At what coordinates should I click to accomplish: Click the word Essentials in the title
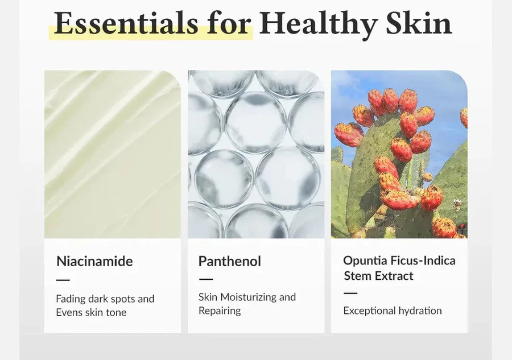(126, 23)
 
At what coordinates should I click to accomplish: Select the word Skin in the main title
(419, 23)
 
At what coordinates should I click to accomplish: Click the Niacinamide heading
(94, 261)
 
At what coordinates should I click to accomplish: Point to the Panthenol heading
(230, 261)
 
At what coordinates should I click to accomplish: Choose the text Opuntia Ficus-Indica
(399, 260)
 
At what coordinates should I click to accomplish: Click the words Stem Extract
(378, 276)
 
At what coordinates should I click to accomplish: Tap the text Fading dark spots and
(105, 299)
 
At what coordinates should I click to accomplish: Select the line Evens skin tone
(91, 312)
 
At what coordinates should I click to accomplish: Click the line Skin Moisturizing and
(247, 297)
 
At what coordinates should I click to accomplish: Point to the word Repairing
(220, 311)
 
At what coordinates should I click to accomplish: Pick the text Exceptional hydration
(393, 311)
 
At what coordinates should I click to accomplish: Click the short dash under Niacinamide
(63, 280)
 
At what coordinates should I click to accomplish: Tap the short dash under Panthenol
(206, 279)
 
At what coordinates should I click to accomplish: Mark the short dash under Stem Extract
(350, 293)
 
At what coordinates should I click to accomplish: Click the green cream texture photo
(113, 154)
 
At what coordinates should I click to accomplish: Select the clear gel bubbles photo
(256, 154)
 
